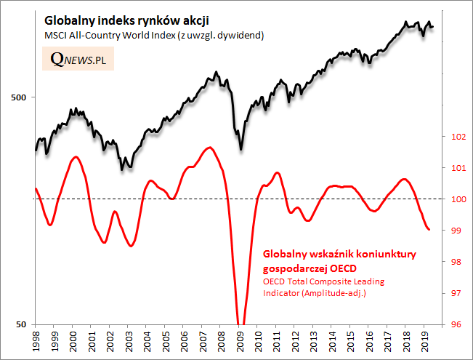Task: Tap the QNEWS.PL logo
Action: (78, 60)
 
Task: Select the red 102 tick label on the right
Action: (458, 137)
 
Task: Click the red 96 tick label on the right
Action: (458, 324)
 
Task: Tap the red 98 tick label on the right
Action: (458, 262)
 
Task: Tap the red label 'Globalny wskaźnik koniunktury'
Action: (338, 255)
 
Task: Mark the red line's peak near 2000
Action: (75, 156)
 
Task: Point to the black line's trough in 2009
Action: (241, 149)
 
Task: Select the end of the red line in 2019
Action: (429, 230)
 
